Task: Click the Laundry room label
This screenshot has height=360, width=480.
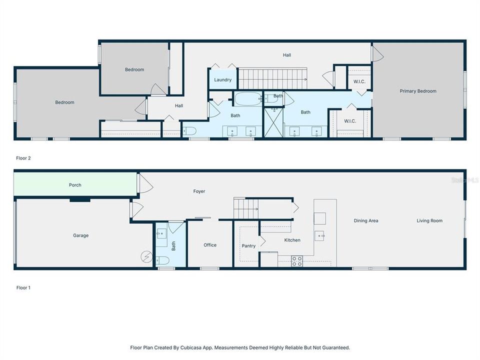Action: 222,80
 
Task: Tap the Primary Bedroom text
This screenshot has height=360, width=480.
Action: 418,91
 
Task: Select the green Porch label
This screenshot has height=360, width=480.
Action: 75,185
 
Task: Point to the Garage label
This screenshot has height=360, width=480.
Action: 80,235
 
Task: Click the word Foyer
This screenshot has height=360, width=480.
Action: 199,191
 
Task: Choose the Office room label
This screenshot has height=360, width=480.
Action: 210,245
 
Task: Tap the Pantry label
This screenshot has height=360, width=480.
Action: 248,246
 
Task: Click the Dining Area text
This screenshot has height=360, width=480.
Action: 365,220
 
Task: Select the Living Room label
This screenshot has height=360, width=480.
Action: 429,220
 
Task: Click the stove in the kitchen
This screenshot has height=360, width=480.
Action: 297,261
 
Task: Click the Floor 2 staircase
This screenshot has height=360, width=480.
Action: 272,79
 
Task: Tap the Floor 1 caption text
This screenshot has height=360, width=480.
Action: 23,288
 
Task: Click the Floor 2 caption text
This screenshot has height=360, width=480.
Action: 23,158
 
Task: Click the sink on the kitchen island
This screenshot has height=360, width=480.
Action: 319,235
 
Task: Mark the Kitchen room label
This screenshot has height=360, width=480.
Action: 292,240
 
